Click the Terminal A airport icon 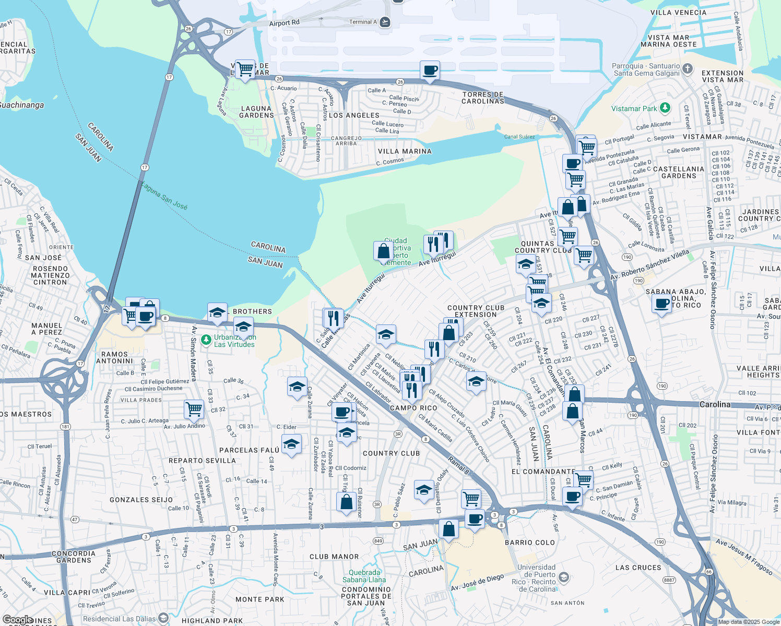pos(385,22)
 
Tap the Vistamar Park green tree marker pos(665,108)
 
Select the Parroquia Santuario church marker pos(688,69)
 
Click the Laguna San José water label pos(164,198)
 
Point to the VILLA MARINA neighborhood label pos(405,151)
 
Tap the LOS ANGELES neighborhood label pos(354,115)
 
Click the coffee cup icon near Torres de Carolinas pos(430,70)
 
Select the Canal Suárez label pos(519,137)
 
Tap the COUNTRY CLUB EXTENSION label pos(476,311)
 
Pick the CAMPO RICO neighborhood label pos(413,408)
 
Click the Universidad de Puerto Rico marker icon pos(563,577)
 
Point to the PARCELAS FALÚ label pos(249,450)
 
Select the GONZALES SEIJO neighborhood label pos(141,500)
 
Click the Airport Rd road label pos(285,23)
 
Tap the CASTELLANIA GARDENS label pos(679,172)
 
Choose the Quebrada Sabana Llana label pos(364,576)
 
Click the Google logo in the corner pos(18,620)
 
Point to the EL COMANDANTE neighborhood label pos(543,472)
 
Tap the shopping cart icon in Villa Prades pos(194,409)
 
